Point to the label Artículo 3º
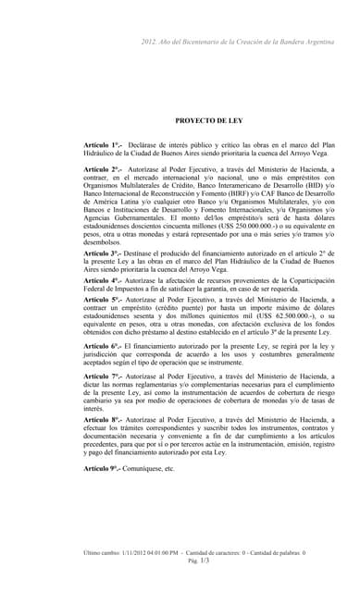click(x=103, y=253)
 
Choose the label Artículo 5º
click(x=103, y=301)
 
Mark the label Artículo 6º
click(x=103, y=345)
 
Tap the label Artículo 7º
click(x=103, y=376)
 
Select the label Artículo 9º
click(x=103, y=469)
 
